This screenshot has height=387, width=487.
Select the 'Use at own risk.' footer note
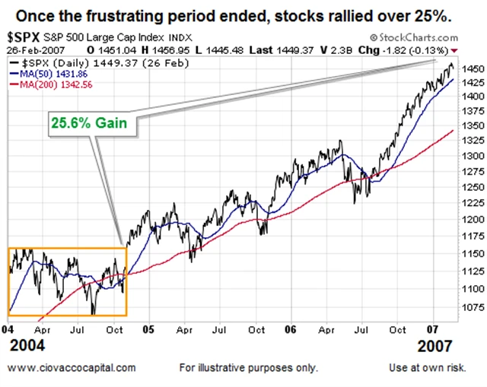438,368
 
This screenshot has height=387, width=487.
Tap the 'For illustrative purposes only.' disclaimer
249,368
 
